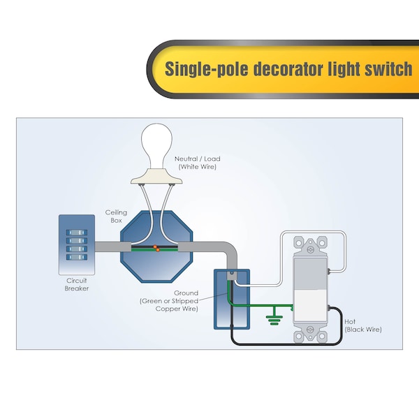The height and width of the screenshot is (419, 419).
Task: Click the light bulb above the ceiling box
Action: [156, 147]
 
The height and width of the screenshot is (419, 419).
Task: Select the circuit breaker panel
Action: [77, 245]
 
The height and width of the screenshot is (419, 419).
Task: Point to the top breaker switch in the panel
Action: [77, 233]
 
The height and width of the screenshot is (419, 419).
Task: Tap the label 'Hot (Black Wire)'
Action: [363, 325]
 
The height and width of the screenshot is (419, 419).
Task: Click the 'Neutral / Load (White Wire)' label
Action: [198, 163]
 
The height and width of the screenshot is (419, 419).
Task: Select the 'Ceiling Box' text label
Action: [116, 216]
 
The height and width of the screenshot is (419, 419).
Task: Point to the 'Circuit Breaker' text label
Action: [77, 284]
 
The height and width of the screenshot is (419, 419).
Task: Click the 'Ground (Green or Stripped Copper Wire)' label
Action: [169, 301]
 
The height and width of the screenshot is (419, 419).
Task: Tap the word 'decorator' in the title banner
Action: [288, 69]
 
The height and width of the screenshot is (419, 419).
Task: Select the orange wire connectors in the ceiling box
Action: [156, 248]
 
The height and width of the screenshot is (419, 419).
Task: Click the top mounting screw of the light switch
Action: [311, 249]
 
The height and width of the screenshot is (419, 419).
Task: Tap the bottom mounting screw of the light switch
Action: [311, 329]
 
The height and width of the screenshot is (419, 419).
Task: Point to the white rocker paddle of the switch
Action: [310, 290]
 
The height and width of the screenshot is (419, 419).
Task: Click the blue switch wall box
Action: [232, 300]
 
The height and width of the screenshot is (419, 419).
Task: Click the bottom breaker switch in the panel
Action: [77, 257]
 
